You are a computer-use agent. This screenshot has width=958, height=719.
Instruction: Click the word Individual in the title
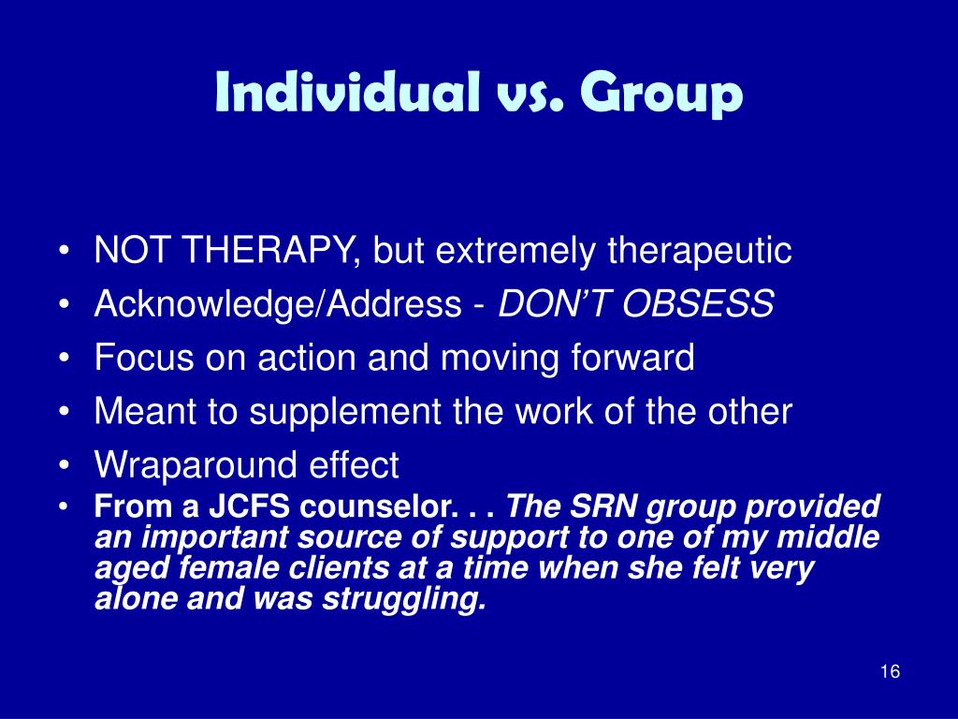(x=347, y=92)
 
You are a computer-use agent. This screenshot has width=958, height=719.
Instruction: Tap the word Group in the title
(x=661, y=95)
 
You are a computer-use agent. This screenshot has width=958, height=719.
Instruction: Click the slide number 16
(x=891, y=671)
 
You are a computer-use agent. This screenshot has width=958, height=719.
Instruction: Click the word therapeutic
(x=700, y=251)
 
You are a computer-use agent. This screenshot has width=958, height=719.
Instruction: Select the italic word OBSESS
(x=698, y=303)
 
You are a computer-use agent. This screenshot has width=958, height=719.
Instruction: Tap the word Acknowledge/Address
(x=278, y=304)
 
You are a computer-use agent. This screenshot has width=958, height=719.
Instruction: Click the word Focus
(x=143, y=357)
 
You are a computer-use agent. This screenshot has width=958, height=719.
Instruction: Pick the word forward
(x=633, y=357)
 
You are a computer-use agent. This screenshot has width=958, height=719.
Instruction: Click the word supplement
(x=344, y=412)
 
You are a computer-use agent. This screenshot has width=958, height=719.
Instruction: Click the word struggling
(x=404, y=599)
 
